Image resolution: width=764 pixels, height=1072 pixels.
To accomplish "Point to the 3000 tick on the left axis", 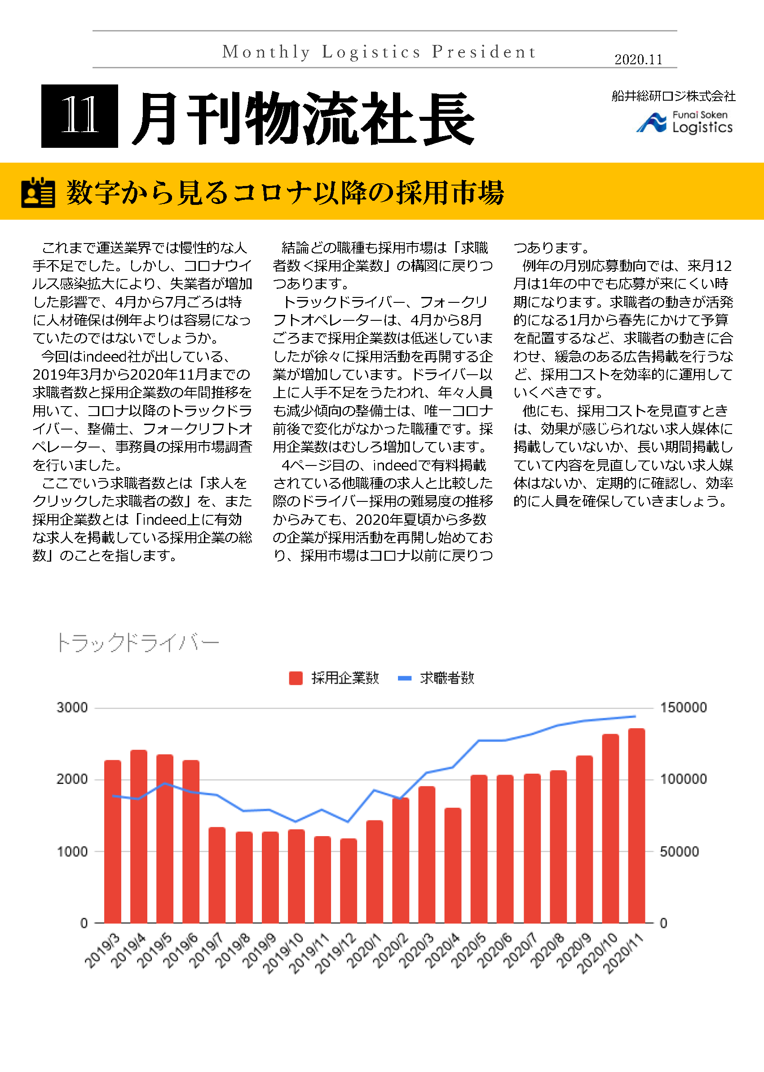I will tap(72, 708).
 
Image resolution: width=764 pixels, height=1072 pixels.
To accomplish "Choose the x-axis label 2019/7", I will tap(206, 951).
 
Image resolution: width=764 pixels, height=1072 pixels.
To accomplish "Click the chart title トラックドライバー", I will tap(137, 643).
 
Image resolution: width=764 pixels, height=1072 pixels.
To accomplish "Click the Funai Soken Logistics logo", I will tap(685, 122).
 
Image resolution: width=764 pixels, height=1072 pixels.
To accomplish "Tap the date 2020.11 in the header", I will tap(638, 60).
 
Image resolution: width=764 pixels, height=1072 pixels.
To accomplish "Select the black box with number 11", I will tap(79, 116).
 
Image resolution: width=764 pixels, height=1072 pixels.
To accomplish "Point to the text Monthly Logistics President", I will tap(379, 52).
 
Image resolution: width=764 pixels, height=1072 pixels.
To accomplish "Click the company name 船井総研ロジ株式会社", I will tap(673, 96).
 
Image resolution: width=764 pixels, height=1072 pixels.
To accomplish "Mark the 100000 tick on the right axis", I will tap(683, 780).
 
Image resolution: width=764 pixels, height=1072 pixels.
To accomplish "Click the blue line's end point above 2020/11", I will tap(636, 717).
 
